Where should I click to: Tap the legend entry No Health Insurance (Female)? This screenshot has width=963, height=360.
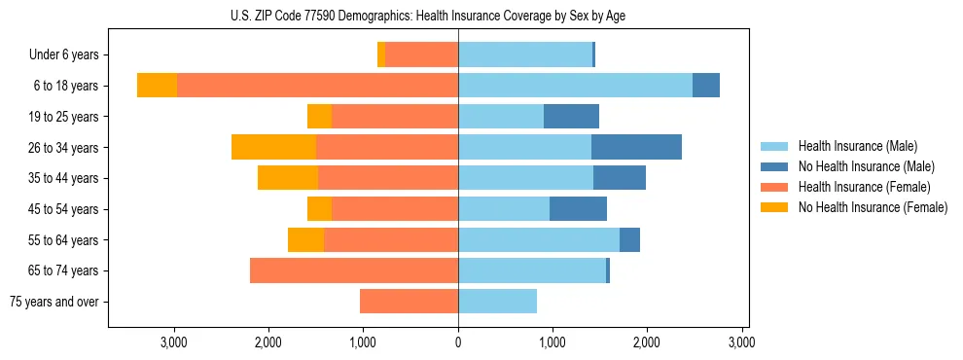point(873,207)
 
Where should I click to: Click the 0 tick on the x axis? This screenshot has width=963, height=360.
point(458,342)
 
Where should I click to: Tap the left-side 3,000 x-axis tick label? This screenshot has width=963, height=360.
point(174,342)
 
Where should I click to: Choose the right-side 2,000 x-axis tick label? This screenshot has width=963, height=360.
point(648,342)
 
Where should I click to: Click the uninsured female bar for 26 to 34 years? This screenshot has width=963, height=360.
point(273,147)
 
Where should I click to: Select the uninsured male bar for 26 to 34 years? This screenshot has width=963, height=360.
point(636,147)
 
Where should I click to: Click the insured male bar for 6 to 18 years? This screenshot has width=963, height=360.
point(575,86)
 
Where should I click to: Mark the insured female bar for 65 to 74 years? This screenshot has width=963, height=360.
point(354,270)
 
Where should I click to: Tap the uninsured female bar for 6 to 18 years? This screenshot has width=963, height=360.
point(157,86)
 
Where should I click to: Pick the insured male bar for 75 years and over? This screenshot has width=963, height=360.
point(497,302)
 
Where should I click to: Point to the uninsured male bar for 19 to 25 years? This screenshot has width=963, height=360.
point(571,117)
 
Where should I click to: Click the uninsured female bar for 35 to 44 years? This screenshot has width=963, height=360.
point(288,178)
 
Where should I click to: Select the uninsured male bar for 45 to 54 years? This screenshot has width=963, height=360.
point(578,209)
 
